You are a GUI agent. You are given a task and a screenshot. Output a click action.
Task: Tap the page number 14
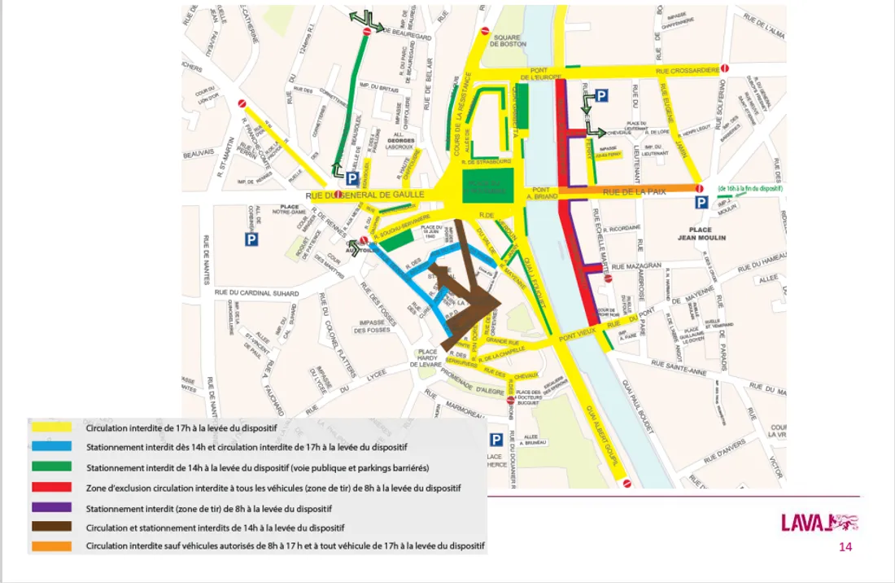click(x=845, y=547)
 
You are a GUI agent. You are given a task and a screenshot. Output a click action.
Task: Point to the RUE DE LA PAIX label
click(x=640, y=191)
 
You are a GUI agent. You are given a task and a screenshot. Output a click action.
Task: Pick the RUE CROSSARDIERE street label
click(x=687, y=72)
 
